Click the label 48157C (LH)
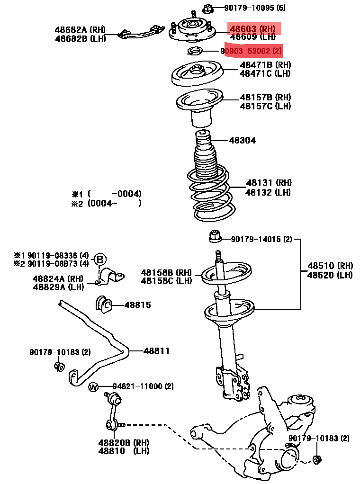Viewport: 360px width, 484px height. (x=265, y=106)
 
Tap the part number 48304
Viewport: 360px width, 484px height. (x=243, y=141)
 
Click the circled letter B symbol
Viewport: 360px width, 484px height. (x=100, y=260)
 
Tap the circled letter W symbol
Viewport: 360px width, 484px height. (x=93, y=386)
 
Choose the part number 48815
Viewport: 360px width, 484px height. (x=138, y=305)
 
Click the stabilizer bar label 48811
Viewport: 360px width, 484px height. (x=156, y=351)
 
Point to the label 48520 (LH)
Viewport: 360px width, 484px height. (x=330, y=275)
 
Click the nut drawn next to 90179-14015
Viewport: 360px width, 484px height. (x=215, y=236)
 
